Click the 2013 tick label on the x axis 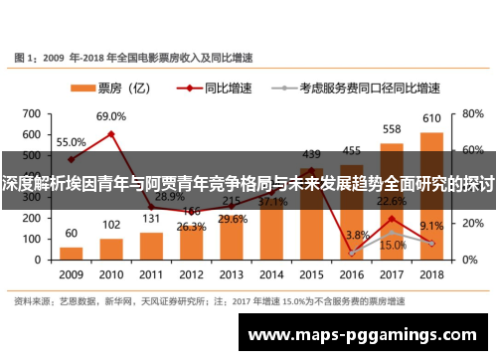(232, 273)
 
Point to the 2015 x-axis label (312, 273)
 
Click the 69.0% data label (111, 116)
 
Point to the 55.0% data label (71, 141)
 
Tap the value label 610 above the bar (432, 118)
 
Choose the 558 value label (392, 129)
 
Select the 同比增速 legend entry (223, 87)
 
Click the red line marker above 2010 (111, 133)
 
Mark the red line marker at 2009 (71, 159)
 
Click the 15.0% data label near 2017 (393, 245)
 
